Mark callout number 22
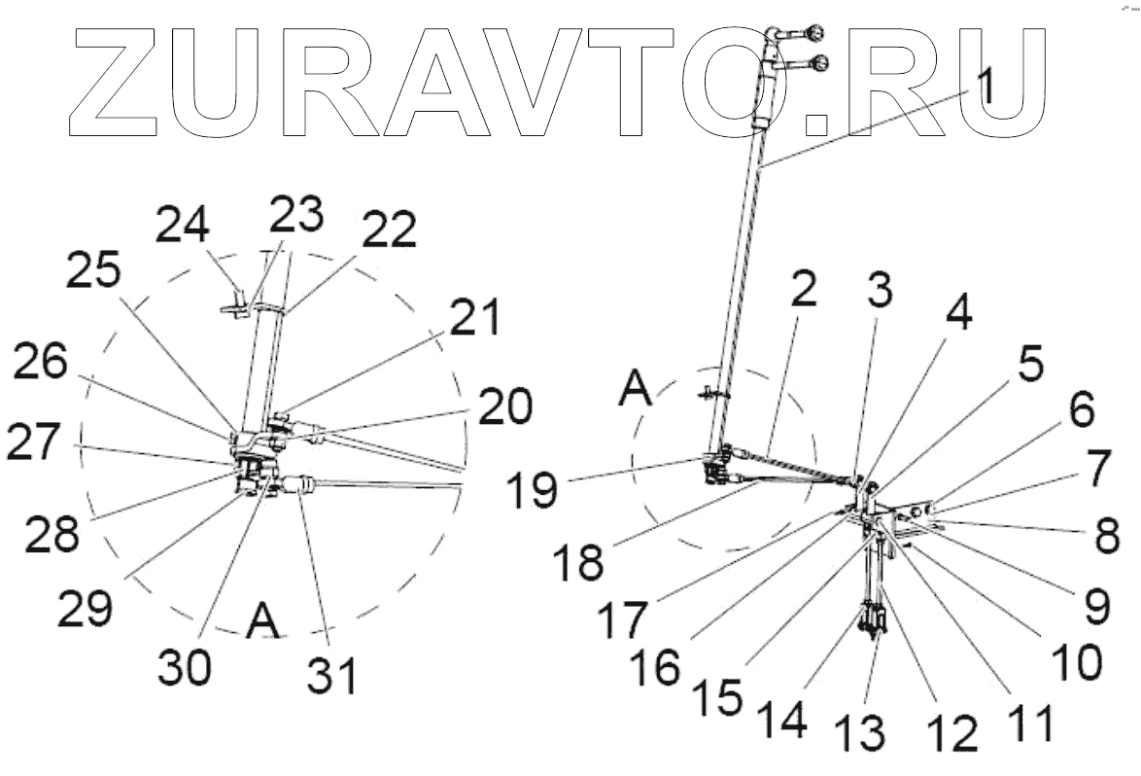point(390,230)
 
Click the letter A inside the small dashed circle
point(638,393)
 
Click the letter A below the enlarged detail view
point(262,621)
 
